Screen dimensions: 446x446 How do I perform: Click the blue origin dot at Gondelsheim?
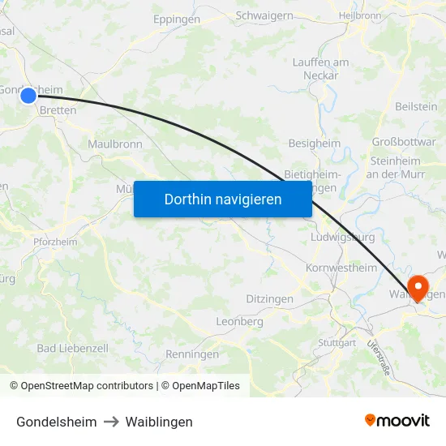point(28,96)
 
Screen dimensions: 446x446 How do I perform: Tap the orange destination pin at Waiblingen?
point(419,287)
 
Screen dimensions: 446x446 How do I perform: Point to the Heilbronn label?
point(359,15)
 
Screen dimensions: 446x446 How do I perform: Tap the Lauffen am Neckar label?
point(320,69)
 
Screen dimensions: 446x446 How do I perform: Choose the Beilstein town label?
point(417,106)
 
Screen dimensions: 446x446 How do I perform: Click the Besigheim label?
point(315,144)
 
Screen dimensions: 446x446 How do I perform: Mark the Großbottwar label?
point(404,142)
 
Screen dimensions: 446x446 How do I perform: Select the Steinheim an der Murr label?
point(394,167)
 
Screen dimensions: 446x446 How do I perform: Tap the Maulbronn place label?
point(115,144)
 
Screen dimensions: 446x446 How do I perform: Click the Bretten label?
point(58,111)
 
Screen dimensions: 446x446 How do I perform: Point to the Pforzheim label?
point(55,242)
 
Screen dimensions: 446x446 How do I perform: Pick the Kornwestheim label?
point(341,268)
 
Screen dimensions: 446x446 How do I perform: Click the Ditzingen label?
point(269,299)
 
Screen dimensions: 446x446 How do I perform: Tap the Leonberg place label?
point(239,322)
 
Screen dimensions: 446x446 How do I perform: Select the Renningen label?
point(192,354)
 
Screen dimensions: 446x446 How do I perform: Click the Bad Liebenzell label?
point(73,348)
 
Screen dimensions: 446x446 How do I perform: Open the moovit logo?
point(397,421)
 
